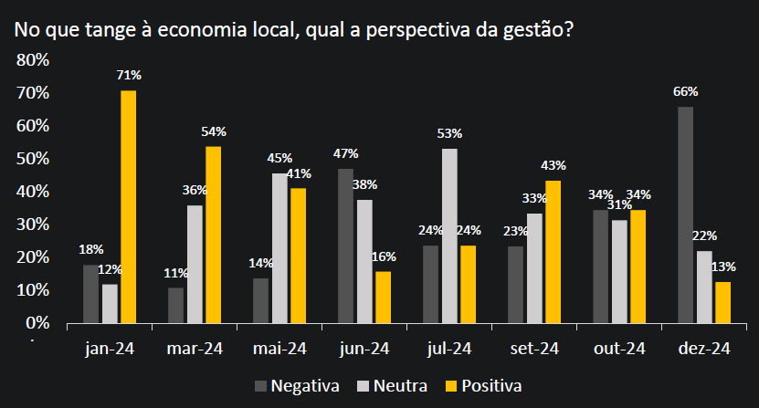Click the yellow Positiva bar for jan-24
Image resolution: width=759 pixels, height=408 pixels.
pyautogui.click(x=128, y=206)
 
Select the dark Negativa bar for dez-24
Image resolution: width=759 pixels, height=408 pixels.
pyautogui.click(x=685, y=214)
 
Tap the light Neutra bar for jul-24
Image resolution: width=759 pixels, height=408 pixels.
pyautogui.click(x=449, y=235)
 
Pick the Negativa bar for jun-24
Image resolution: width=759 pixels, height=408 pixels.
pyautogui.click(x=345, y=246)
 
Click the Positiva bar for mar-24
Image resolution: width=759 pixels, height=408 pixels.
pyautogui.click(x=213, y=235)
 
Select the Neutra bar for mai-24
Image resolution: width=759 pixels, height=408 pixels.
pyautogui.click(x=279, y=247)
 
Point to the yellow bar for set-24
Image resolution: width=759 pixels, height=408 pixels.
pyautogui.click(x=553, y=251)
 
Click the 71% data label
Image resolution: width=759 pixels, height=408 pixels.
pyautogui.click(x=129, y=75)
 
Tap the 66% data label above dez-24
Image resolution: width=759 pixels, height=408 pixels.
pyautogui.click(x=686, y=91)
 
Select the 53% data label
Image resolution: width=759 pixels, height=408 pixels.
pyautogui.click(x=449, y=133)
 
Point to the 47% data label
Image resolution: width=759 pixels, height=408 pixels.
pyautogui.click(x=345, y=153)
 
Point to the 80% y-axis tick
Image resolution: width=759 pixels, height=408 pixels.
pyautogui.click(x=33, y=60)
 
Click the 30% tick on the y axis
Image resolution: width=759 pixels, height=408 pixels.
pyautogui.click(x=33, y=225)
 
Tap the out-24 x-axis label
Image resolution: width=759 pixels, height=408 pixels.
pyautogui.click(x=619, y=349)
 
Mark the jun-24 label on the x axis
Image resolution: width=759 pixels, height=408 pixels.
pyautogui.click(x=364, y=349)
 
